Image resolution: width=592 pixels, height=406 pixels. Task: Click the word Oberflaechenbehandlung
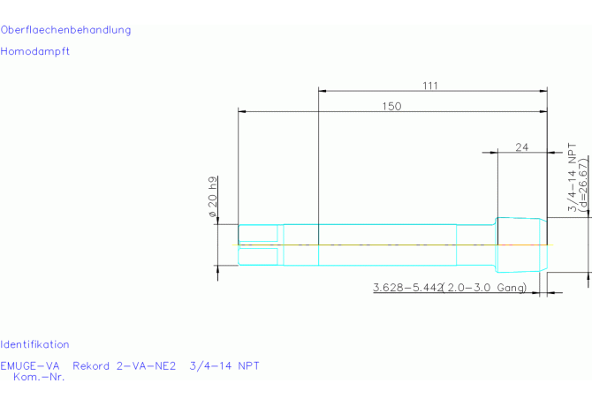(x=65, y=30)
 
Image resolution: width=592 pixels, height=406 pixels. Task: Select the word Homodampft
(x=34, y=51)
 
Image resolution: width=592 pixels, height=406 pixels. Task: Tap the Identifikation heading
(x=34, y=344)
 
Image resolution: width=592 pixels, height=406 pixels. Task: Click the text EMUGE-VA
(x=30, y=366)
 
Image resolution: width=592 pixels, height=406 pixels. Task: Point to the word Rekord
(x=91, y=366)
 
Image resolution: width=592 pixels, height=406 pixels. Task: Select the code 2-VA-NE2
(x=147, y=366)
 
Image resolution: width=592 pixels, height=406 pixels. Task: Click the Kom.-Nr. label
(x=39, y=377)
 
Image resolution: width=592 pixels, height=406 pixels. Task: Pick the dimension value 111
(x=430, y=86)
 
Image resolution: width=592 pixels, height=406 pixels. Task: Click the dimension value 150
(x=391, y=106)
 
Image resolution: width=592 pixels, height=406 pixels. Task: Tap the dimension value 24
(x=522, y=147)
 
